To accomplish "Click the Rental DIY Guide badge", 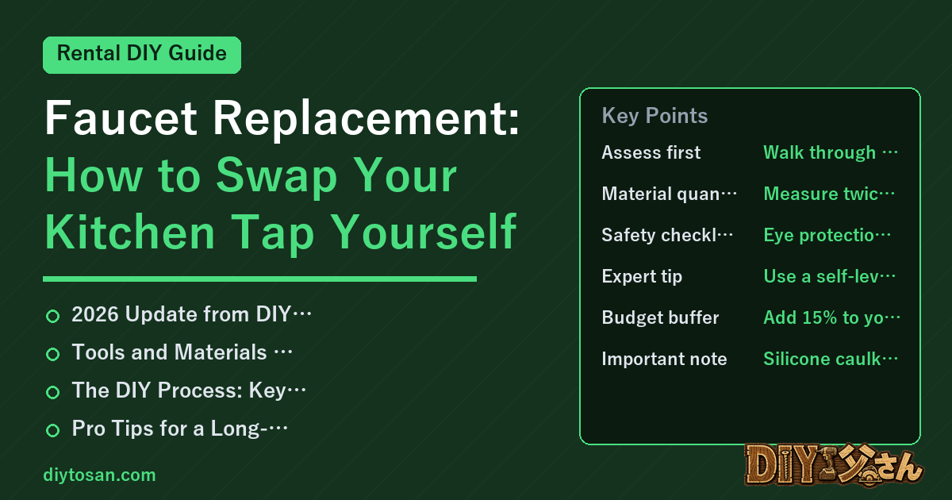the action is (142, 55).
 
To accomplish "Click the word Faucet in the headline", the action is (121, 117).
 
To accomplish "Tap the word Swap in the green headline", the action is (277, 175).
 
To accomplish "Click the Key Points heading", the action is (654, 116).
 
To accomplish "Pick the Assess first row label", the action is (651, 152).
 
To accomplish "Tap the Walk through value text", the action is (831, 152).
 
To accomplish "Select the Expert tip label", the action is (642, 276).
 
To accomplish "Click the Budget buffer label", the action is (660, 317).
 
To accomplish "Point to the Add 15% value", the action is (831, 317).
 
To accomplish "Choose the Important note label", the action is (664, 359).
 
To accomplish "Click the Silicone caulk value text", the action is (831, 359).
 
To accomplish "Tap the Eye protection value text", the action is (827, 235).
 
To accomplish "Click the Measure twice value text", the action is (829, 194).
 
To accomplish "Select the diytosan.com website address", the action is (99, 475).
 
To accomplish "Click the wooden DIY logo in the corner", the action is (834, 465).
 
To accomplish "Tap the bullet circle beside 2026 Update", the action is (52, 316).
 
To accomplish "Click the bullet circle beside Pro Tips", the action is (52, 430).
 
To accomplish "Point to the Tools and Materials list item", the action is (182, 352).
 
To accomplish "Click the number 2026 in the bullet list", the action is (94, 314).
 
